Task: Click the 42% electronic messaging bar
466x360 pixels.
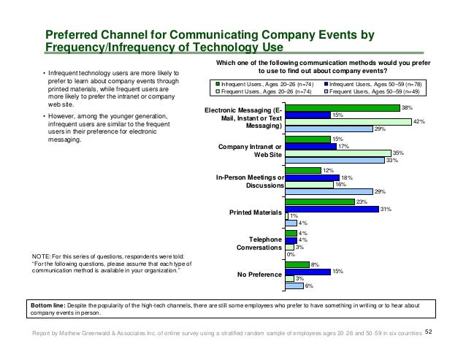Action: click(x=348, y=122)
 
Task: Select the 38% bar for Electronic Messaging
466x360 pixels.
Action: click(x=343, y=108)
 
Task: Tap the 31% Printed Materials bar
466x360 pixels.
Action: click(x=332, y=209)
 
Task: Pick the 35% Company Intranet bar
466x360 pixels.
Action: click(x=338, y=153)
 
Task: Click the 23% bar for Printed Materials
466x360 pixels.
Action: click(x=320, y=202)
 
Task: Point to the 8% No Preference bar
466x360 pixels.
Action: click(x=297, y=264)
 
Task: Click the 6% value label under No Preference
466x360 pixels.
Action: click(x=309, y=286)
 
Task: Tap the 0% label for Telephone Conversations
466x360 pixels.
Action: click(x=291, y=254)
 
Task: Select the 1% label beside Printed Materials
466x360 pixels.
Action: click(x=294, y=216)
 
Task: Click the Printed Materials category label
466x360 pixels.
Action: click(x=256, y=212)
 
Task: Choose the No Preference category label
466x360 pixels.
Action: click(x=259, y=275)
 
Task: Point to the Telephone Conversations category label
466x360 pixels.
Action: click(x=259, y=244)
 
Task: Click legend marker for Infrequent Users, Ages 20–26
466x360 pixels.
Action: click(x=218, y=84)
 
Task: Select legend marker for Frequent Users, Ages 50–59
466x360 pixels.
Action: click(x=326, y=91)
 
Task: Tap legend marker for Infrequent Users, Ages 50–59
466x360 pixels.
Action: click(x=326, y=84)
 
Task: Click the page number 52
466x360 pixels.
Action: click(x=428, y=332)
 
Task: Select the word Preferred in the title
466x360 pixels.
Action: click(x=72, y=35)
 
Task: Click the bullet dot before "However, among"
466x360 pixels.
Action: click(x=44, y=116)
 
